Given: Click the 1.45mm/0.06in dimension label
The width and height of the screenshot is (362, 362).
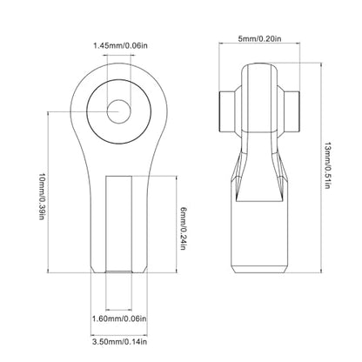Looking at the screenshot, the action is click(120, 45).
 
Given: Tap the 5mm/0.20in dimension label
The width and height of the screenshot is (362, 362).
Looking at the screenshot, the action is click(259, 38).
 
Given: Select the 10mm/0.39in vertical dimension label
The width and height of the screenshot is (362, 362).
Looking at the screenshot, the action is click(42, 197).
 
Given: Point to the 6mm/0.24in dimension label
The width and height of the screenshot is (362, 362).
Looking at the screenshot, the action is click(183, 228).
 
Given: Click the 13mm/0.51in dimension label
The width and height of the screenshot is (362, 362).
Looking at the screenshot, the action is click(327, 165).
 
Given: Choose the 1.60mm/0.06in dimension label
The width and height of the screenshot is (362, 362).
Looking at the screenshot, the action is click(119, 318).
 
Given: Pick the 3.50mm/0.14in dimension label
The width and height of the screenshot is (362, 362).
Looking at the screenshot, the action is click(119, 342).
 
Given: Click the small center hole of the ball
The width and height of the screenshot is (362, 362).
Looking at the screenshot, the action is click(118, 111).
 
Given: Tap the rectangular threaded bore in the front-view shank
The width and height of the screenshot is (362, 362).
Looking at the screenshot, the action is click(119, 224).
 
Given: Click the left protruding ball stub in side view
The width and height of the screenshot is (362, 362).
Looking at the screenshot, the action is click(226, 111).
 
